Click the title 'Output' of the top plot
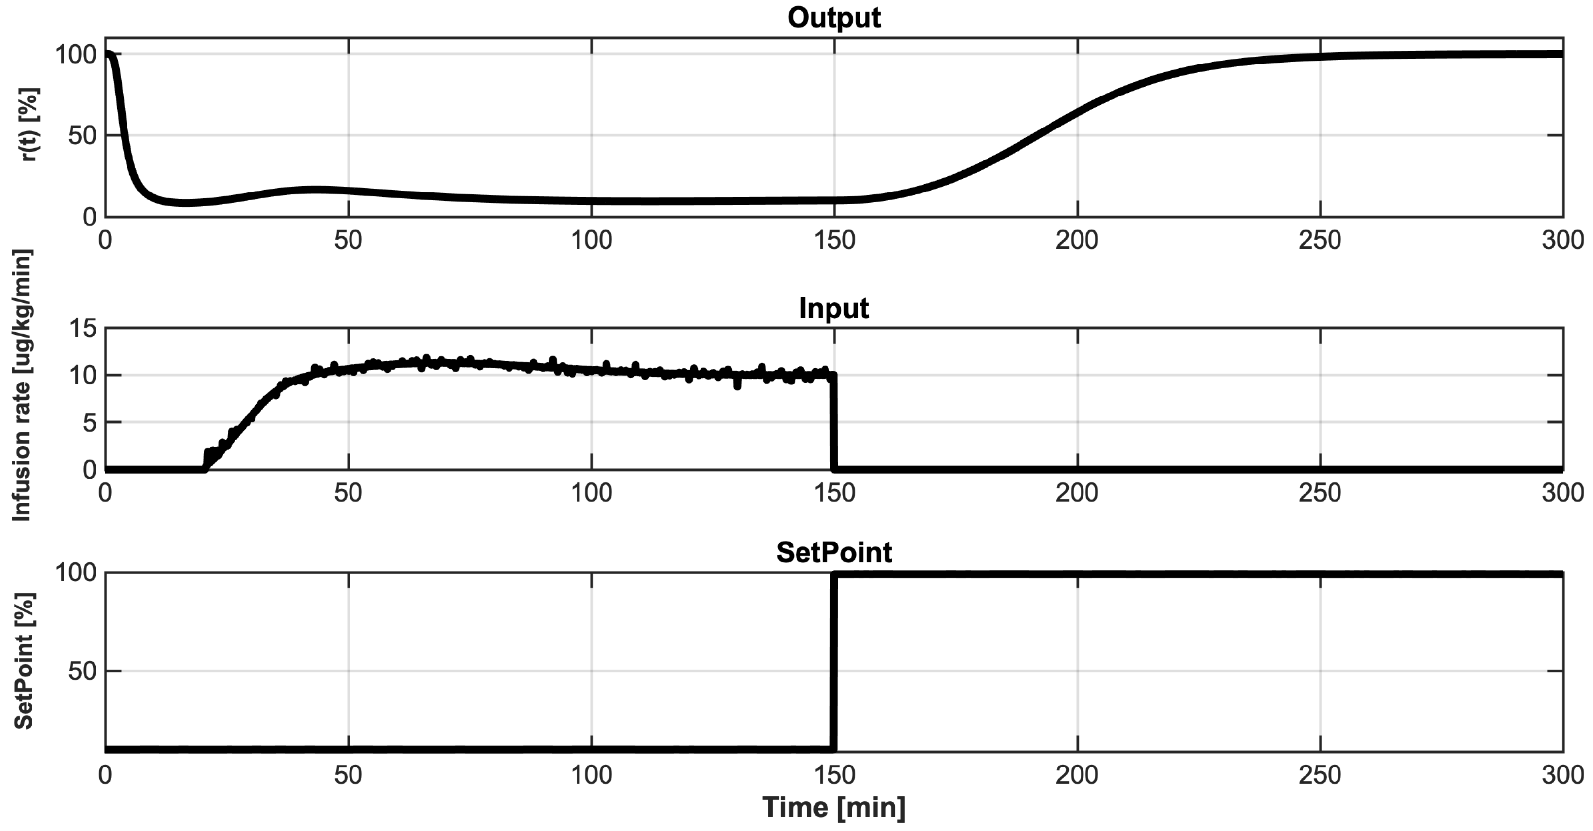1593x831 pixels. coord(833,17)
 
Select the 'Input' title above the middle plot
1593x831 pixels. coord(833,308)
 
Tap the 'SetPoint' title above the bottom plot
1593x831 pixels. coord(833,552)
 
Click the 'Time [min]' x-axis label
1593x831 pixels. coord(833,807)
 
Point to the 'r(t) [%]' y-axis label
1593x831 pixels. coord(29,125)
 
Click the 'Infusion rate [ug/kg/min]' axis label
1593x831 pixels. coord(21,385)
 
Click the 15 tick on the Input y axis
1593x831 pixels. coord(82,328)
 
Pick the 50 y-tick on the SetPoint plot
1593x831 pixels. coord(82,671)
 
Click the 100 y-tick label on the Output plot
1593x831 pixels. coord(75,55)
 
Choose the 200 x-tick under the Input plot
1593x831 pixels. coord(1077,493)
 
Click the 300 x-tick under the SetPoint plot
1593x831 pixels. coord(1562,775)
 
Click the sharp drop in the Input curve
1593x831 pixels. coord(834,422)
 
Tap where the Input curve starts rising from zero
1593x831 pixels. coord(205,468)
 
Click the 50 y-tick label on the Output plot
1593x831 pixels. coord(82,135)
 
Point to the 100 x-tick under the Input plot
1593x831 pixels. coord(591,493)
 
